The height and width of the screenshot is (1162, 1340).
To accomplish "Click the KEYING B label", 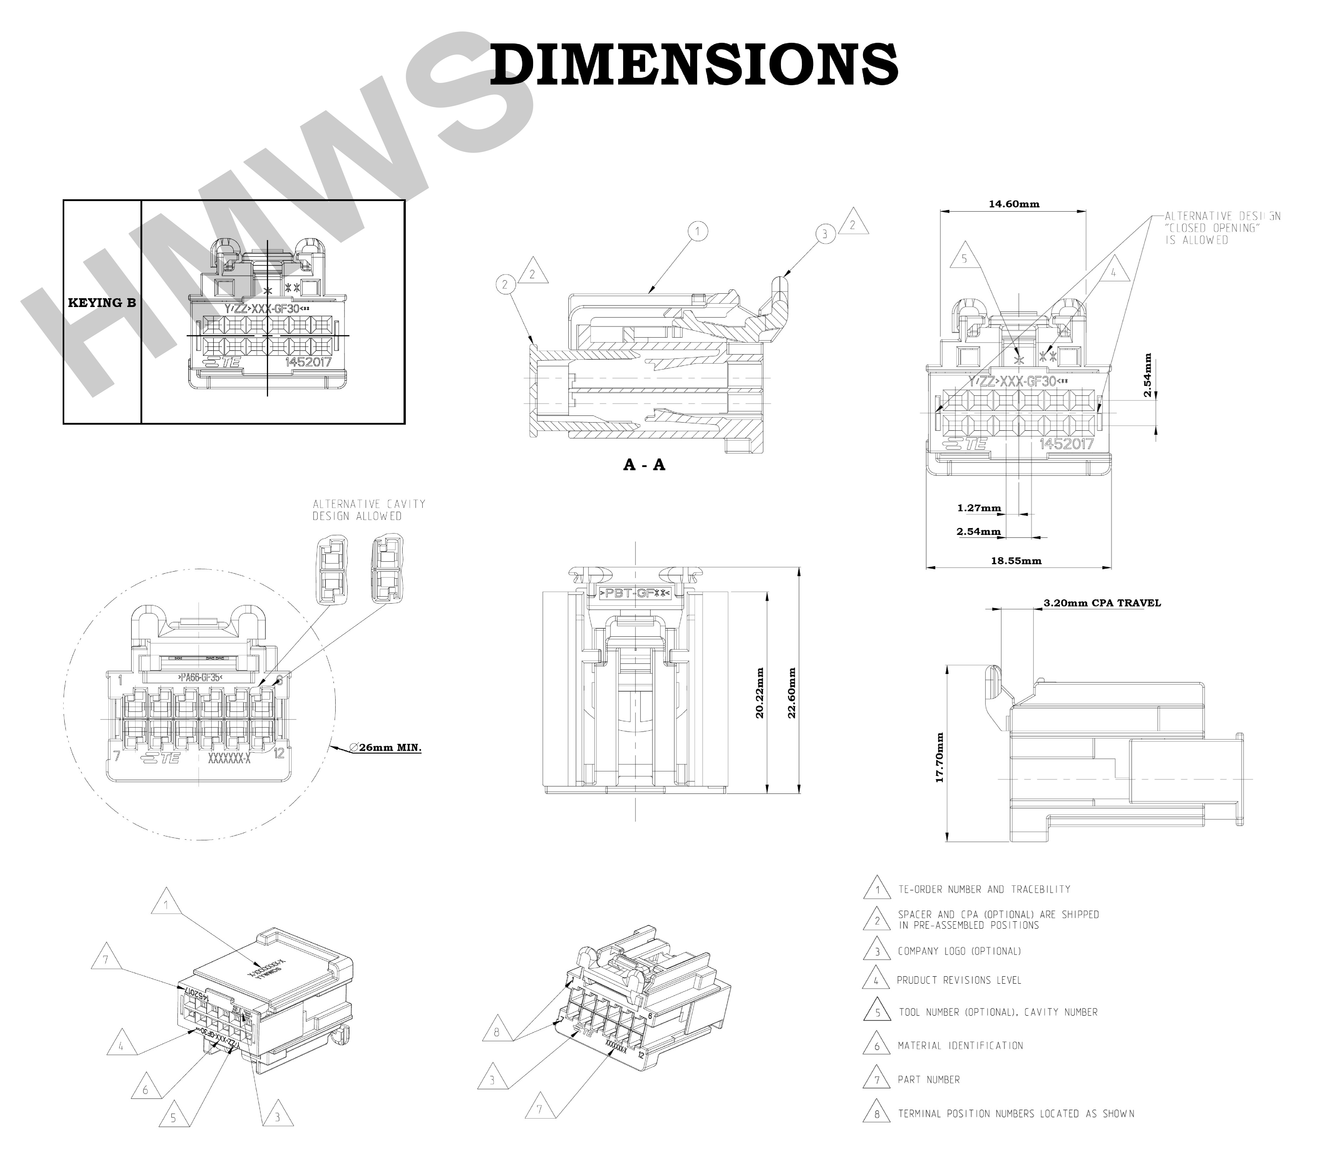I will tap(102, 303).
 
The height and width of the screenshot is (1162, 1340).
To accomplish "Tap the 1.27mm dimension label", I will tap(979, 508).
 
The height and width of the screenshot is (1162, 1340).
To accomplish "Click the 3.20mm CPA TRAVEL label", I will tap(1102, 603).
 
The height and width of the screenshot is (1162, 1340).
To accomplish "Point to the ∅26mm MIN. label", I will tap(385, 748).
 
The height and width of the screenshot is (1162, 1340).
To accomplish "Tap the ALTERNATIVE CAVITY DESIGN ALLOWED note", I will tap(368, 510).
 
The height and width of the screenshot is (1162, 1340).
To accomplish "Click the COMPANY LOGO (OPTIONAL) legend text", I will tap(959, 951).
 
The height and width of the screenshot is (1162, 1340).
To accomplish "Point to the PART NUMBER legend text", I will tap(929, 1080).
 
